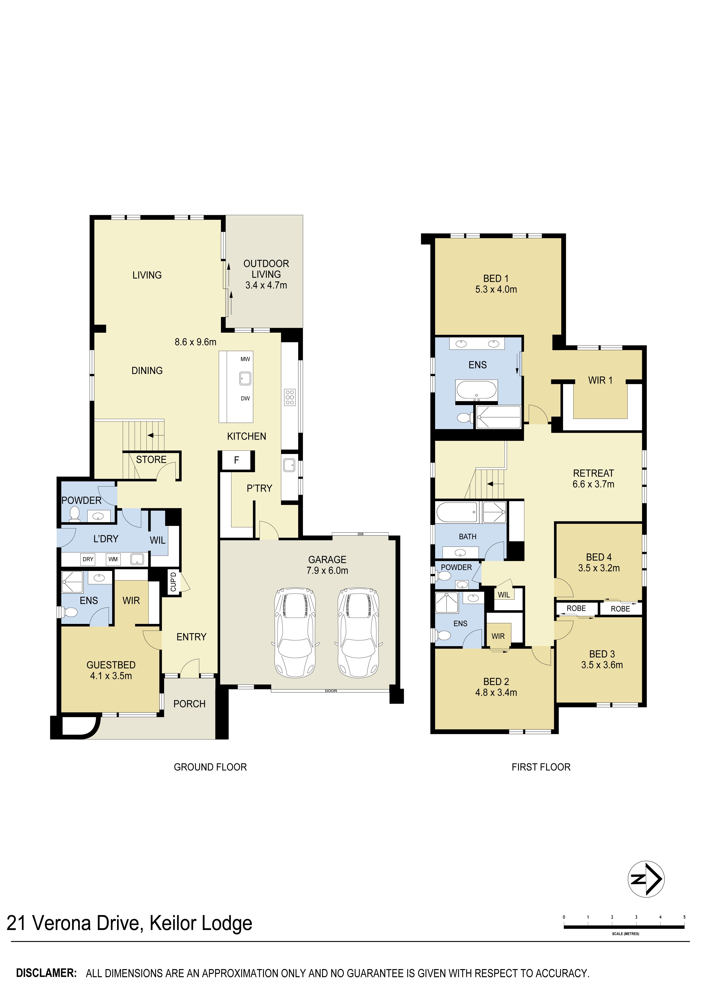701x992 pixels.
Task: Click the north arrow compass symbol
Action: [646, 879]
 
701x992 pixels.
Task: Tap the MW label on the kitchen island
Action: [245, 359]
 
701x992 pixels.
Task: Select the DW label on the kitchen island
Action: [245, 398]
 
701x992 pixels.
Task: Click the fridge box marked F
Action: [237, 460]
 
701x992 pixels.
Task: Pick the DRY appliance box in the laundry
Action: [88, 559]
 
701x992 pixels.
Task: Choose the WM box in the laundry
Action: [113, 559]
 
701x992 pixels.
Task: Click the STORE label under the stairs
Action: [151, 460]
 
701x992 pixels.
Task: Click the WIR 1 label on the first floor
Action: [600, 380]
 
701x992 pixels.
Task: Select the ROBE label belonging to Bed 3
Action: [576, 608]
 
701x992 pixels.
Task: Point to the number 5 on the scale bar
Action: [684, 917]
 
